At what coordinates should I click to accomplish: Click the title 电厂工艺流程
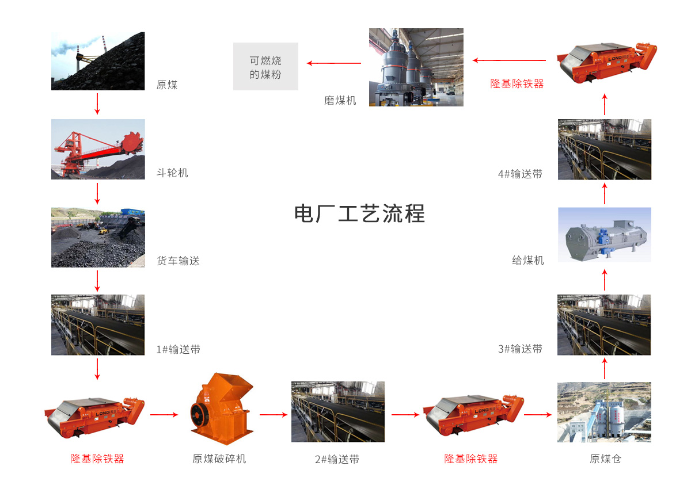click(360, 213)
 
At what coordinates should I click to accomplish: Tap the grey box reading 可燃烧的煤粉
click(265, 66)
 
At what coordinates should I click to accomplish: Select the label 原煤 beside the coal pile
click(167, 85)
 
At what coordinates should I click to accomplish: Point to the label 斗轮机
click(172, 173)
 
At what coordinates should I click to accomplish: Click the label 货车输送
click(178, 261)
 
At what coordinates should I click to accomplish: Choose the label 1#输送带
click(179, 349)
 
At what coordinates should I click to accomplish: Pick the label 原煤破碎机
click(219, 459)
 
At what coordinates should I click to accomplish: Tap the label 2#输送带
click(337, 459)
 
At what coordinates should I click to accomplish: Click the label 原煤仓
click(605, 459)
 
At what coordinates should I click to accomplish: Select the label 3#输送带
click(520, 349)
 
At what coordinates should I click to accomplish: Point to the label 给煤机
click(528, 261)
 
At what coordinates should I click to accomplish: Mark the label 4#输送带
click(520, 174)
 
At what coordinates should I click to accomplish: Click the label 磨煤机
click(340, 100)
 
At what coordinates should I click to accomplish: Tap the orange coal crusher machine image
click(222, 409)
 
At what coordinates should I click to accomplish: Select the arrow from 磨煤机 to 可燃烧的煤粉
click(334, 63)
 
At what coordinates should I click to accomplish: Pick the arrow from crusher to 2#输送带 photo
click(274, 415)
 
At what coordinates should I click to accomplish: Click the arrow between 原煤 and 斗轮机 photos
click(97, 104)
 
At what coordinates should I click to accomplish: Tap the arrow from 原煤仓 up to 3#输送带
click(605, 369)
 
